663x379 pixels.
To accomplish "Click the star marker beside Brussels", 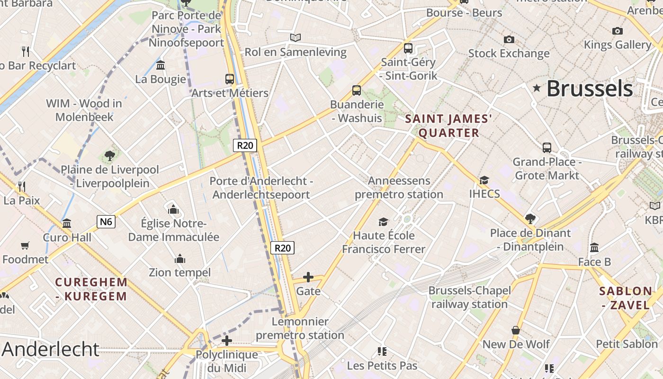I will pos(537,88).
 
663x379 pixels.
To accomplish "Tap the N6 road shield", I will pos(107,221).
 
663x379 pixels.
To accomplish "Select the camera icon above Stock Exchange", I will pos(509,39).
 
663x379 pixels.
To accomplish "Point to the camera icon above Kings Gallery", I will pos(618,31).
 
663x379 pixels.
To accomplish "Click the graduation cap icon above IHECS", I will pos(484,180).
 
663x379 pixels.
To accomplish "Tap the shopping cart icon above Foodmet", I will pos(25,245).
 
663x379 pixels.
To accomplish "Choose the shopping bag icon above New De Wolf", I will pos(516,330).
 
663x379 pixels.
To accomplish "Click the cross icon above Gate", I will pos(308,277).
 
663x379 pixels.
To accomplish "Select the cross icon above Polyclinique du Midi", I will pos(227,340).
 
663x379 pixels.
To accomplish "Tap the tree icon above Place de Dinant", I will pos(530,219).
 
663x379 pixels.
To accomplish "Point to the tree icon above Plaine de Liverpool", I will pos(110,155).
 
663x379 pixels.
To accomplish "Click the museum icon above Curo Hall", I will pos(67,223).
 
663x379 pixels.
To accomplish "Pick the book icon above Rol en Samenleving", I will pos(296,37).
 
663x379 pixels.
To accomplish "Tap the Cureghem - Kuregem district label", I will pos(91,289).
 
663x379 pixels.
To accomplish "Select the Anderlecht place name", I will pos(51,349).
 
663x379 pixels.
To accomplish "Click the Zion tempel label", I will pos(179,272).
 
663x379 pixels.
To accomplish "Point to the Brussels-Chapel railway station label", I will pos(469,297).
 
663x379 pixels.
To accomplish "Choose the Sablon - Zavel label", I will pos(626,298).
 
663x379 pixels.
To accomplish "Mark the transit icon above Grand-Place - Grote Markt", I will pos(547,147).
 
